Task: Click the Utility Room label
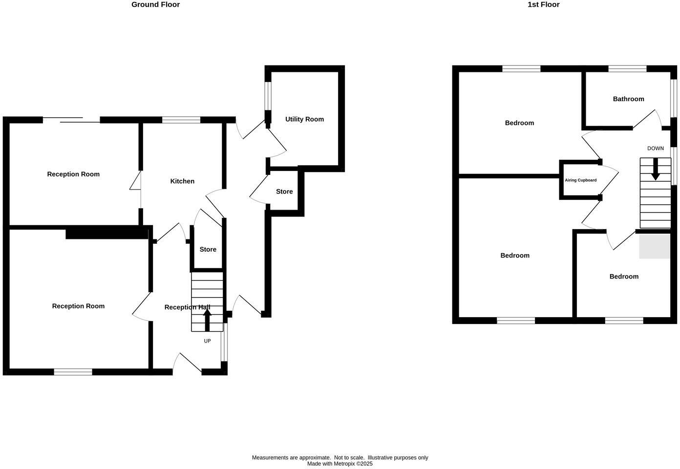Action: (304, 119)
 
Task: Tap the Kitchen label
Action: (182, 181)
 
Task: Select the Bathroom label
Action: (628, 99)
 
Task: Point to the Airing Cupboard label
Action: (580, 180)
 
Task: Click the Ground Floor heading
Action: (155, 4)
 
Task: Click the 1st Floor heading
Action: (543, 4)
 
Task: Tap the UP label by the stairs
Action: (207, 341)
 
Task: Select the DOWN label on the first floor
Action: (655, 149)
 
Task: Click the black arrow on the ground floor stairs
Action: (207, 320)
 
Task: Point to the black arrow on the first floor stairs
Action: (655, 170)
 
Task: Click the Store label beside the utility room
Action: (284, 192)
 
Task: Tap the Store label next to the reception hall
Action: (208, 250)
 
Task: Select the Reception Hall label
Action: (187, 307)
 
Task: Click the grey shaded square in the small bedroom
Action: (655, 246)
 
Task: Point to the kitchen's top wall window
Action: (181, 120)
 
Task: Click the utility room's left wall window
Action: (268, 96)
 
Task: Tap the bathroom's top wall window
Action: (627, 69)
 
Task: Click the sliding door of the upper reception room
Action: (71, 120)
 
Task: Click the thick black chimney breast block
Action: (107, 234)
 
